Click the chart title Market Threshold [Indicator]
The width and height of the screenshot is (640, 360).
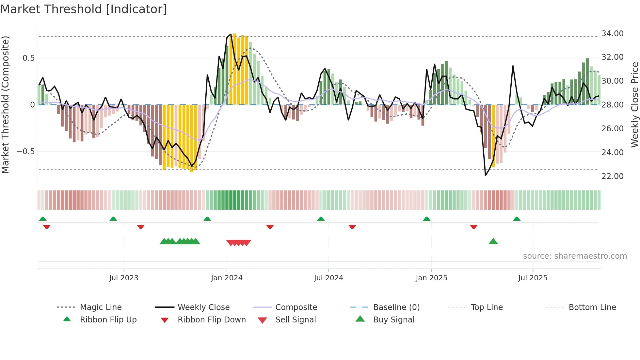84,9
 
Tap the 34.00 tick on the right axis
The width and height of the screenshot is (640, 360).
612,34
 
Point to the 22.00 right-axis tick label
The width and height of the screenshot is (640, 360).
612,176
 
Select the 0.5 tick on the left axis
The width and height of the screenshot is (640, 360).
28,58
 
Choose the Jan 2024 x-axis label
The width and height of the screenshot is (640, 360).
227,278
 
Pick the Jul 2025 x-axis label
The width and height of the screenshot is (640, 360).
533,278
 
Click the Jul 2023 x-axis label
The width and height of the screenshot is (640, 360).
124,278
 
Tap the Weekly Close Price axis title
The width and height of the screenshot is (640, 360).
634,105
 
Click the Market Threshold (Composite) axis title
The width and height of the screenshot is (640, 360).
5,105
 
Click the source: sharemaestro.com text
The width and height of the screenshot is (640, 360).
575,256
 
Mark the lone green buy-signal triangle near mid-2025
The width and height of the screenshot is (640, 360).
493,242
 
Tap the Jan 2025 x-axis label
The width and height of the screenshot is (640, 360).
431,278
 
